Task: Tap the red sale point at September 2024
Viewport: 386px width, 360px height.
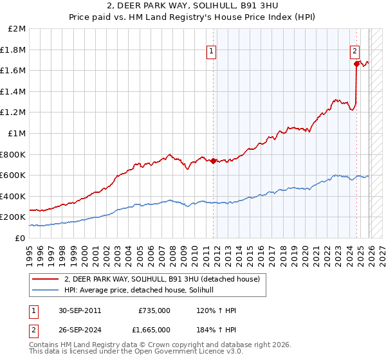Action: coord(356,63)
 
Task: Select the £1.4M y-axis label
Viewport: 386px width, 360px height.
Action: coord(14,91)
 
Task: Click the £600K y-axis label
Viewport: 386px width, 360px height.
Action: coord(13,175)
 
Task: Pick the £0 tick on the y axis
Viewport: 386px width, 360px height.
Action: coord(20,238)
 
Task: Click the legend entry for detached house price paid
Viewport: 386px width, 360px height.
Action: coord(161,279)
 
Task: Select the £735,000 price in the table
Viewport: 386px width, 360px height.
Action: coord(154,310)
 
